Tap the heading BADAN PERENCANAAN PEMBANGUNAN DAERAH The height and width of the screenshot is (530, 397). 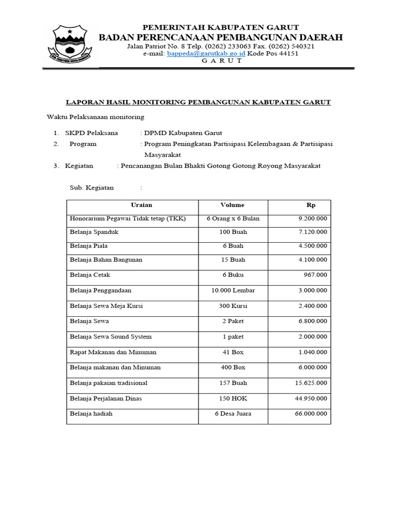click(x=221, y=37)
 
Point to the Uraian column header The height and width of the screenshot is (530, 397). click(x=141, y=205)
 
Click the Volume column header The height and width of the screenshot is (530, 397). click(x=232, y=205)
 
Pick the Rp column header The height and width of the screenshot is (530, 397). click(x=311, y=205)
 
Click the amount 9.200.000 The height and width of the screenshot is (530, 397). click(x=313, y=219)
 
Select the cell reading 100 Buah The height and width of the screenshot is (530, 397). click(x=233, y=232)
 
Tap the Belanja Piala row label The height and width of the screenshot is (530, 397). click(x=89, y=246)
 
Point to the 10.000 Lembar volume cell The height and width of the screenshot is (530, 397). click(x=233, y=290)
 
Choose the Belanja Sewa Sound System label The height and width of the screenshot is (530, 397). click(x=111, y=337)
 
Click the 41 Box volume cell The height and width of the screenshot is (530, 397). click(x=233, y=352)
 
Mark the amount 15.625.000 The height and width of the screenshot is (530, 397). click(x=311, y=383)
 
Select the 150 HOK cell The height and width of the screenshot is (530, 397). click(x=233, y=399)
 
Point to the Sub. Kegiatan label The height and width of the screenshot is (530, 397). click(x=91, y=188)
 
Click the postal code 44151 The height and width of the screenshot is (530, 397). click(x=287, y=53)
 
